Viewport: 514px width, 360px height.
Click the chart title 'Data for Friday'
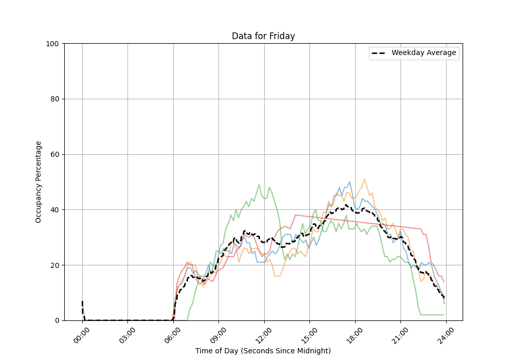coord(263,36)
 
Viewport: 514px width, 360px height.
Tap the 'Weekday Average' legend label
coord(424,53)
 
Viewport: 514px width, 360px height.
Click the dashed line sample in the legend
coord(379,53)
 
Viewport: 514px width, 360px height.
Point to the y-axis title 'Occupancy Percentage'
coord(39,182)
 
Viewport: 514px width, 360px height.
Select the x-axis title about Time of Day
coord(263,351)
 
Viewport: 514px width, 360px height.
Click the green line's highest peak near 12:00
coord(259,185)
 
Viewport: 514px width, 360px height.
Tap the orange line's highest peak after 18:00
coord(364,179)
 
